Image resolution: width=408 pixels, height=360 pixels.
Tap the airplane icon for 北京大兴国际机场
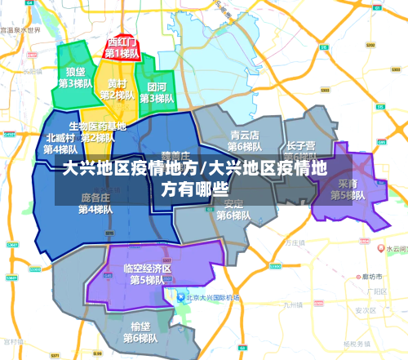171,296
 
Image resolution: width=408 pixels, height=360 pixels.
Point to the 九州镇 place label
293,306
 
